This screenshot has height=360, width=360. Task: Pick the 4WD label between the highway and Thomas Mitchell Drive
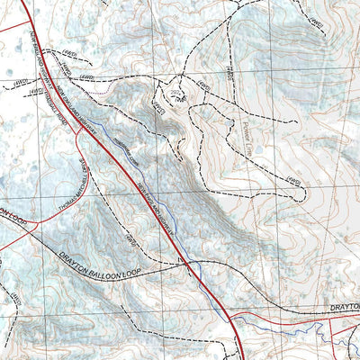130,239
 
